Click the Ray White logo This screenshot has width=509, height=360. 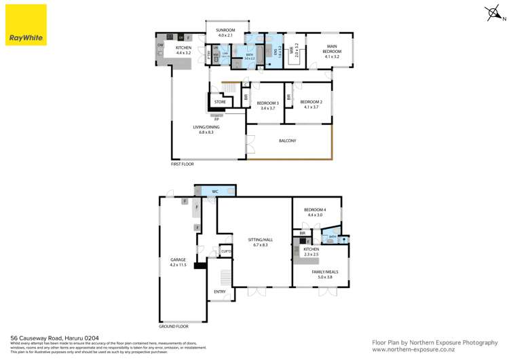(26, 25)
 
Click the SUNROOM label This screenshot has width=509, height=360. (225, 32)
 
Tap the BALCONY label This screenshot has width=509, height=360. (288, 141)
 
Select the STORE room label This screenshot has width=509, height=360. (220, 103)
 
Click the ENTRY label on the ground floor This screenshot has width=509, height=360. (220, 291)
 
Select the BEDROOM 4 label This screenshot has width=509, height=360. (315, 211)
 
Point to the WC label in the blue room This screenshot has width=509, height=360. (214, 192)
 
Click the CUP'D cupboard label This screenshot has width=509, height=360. (226, 252)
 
